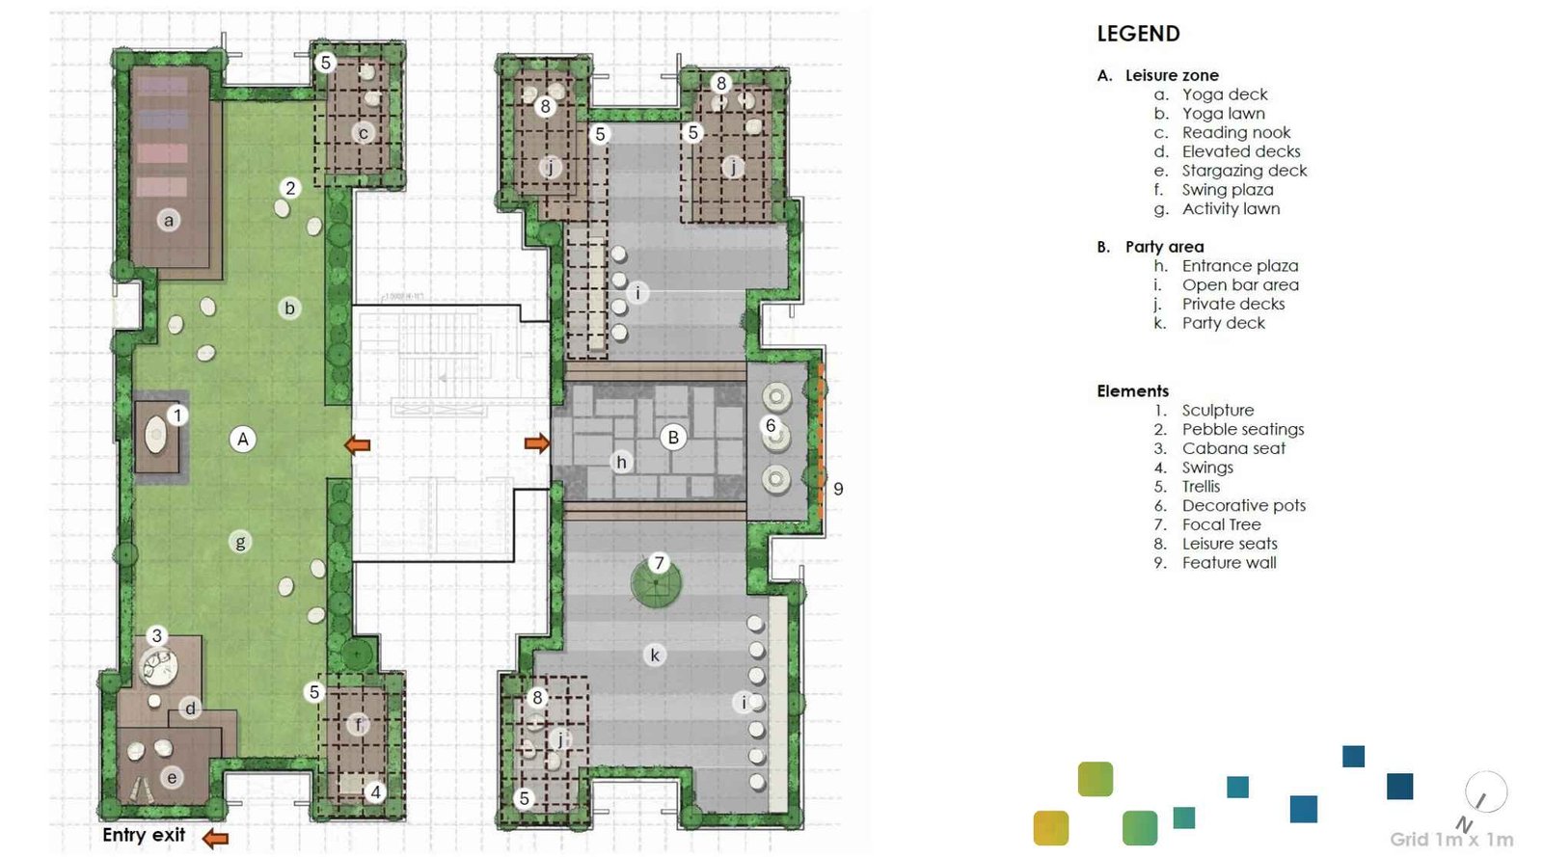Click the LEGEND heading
[x=1138, y=34]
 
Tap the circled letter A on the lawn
[x=243, y=440]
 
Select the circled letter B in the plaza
[x=673, y=437]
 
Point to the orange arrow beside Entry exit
[x=215, y=838]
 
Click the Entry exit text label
[x=144, y=835]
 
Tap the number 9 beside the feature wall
[x=838, y=489]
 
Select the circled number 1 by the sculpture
[x=177, y=415]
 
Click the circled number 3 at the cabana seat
[x=157, y=635]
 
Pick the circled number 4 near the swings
[x=375, y=792]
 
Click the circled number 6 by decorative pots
[x=770, y=425]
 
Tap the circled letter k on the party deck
[x=655, y=656]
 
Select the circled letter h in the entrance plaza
[x=621, y=463]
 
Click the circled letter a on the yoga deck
[x=169, y=221]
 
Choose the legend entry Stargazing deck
[x=1244, y=171]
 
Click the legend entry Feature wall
[x=1229, y=563]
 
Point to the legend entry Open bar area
[x=1240, y=285]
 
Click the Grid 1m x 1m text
[x=1450, y=839]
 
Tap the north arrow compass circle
[x=1485, y=792]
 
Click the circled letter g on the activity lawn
[x=240, y=542]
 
